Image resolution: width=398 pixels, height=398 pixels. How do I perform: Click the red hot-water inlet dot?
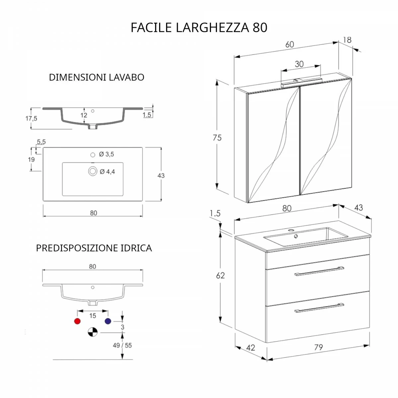[x=77, y=321]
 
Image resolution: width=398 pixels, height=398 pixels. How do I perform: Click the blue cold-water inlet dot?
[x=108, y=321]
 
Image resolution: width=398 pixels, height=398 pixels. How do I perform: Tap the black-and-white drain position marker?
[x=93, y=332]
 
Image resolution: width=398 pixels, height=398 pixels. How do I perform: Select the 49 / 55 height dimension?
[x=122, y=345]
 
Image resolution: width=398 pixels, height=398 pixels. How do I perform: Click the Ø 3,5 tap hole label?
[x=106, y=154]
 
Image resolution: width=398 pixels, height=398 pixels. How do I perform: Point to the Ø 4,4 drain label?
[x=107, y=171]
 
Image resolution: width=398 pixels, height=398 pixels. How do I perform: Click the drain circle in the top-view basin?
[x=93, y=171]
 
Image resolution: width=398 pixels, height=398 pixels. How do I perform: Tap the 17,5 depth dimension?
[x=32, y=118]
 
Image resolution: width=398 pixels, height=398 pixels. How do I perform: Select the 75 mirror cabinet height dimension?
[x=217, y=138]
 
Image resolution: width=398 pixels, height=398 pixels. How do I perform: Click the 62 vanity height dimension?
[x=220, y=276]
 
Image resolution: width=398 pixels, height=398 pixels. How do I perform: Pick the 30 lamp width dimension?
[x=299, y=64]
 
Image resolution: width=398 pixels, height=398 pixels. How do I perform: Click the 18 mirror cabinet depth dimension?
[x=347, y=40]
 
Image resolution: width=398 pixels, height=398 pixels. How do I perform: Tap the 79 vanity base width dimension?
[x=318, y=347]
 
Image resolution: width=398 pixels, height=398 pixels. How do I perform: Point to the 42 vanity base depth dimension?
[x=250, y=348]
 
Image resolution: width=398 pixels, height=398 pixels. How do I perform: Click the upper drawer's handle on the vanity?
[x=319, y=271]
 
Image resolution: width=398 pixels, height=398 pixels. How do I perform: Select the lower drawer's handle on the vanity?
[x=319, y=308]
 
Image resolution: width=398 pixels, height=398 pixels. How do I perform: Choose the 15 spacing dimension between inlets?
[x=93, y=316]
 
